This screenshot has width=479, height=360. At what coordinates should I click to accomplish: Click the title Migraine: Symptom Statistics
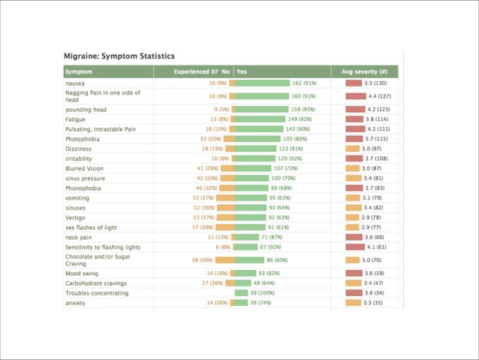point(119,56)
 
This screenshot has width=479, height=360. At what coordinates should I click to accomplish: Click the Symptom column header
point(79,72)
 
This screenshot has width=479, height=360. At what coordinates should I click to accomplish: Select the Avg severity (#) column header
point(364,72)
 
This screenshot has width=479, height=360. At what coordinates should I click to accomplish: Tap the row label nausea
point(75,83)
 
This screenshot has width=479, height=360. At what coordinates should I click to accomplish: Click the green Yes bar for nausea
point(262,83)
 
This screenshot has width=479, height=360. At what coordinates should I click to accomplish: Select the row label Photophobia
point(83,139)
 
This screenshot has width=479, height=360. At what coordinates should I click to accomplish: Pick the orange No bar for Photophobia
point(229,139)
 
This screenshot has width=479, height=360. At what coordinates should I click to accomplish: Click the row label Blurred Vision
point(85,168)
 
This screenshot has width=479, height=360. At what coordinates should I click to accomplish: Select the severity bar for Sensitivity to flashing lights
point(354,247)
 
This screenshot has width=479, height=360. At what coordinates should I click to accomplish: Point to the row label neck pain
point(79,237)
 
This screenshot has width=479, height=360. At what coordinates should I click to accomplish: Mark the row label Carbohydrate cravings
point(96,283)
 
